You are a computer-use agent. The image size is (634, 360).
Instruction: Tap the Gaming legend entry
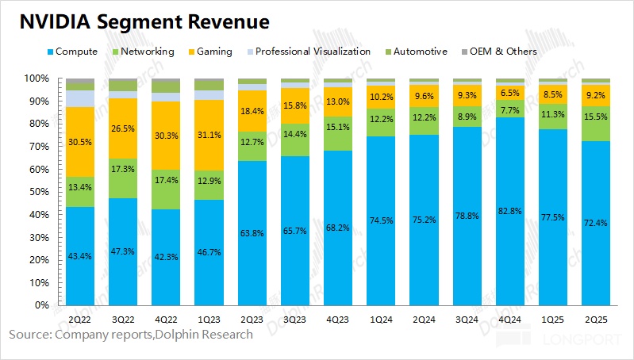point(209,52)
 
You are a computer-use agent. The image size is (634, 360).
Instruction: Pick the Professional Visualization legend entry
point(311,52)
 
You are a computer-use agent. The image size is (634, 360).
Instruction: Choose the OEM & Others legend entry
point(501,52)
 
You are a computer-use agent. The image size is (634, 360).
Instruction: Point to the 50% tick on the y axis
point(37,192)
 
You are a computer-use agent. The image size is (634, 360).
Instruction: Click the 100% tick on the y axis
point(36,79)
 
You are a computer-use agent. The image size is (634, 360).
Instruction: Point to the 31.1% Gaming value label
point(209,135)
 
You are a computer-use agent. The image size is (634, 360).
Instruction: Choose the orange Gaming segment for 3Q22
point(123,143)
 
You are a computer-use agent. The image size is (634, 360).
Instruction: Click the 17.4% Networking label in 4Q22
point(166,181)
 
